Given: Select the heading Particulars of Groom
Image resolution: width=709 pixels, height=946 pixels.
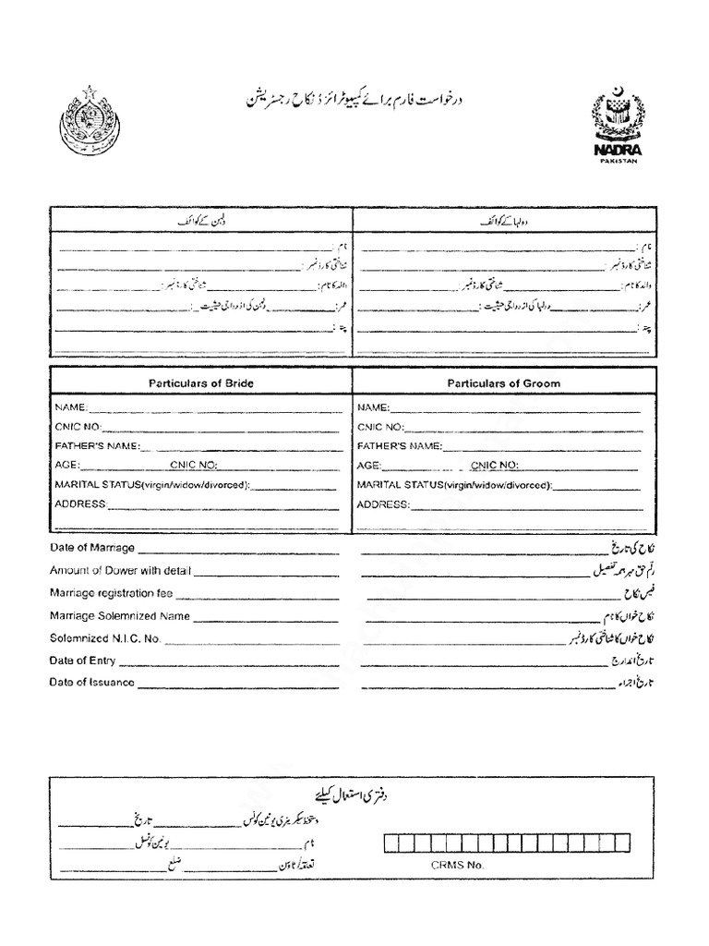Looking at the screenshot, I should (504, 382).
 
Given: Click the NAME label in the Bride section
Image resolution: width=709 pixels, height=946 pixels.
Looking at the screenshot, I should (71, 407).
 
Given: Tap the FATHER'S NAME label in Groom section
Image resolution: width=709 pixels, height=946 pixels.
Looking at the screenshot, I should (400, 445).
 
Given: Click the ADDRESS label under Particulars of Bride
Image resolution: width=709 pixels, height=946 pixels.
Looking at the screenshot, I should (81, 504).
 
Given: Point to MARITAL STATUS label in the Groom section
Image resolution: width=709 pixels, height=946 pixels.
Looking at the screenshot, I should (454, 485).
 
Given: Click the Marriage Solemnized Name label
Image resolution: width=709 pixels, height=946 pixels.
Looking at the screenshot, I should (120, 616).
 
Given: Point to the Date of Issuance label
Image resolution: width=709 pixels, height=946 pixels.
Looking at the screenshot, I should (92, 684).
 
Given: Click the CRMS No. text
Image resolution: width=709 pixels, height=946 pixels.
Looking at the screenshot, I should (456, 867).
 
